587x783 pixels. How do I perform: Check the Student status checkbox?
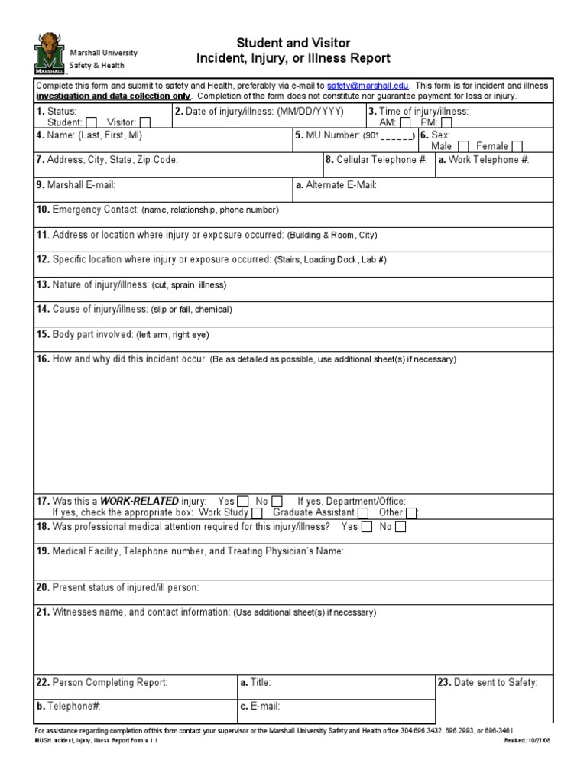click(92, 122)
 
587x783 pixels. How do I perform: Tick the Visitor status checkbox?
click(145, 122)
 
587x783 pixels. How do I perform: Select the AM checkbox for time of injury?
click(405, 122)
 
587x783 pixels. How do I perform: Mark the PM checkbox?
click(446, 122)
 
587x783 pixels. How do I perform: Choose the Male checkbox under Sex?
click(463, 146)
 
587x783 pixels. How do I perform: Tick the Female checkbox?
click(517, 146)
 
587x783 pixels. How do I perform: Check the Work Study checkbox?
click(258, 513)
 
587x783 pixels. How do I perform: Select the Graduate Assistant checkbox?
click(363, 513)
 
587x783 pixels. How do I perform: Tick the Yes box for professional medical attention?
click(367, 527)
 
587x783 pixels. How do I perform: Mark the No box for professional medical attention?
click(401, 527)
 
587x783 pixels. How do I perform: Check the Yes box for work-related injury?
click(243, 502)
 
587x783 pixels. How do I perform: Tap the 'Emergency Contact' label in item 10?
click(96, 210)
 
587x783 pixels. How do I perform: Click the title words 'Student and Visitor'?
click(293, 43)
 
